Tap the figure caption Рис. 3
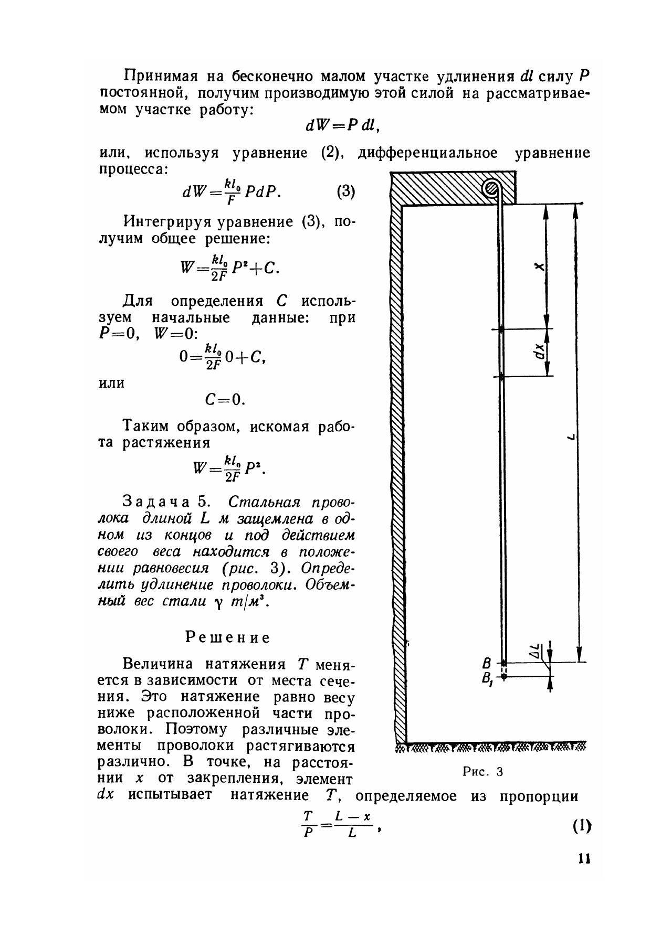pos(483,771)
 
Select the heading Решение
pos(228,637)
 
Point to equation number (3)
pos(345,191)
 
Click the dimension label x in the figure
pos(539,267)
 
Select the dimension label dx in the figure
pos(539,353)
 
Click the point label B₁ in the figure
pos(487,679)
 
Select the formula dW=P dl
pos(342,126)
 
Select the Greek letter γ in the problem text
pos(218,603)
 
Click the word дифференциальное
pos(427,153)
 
